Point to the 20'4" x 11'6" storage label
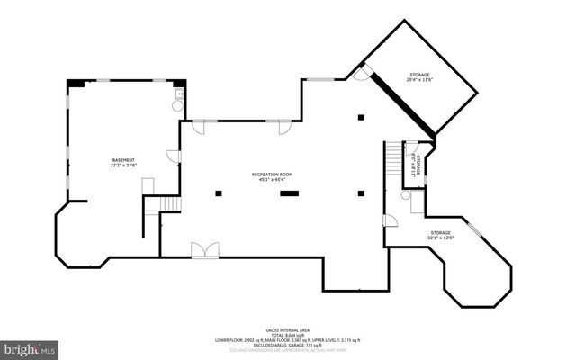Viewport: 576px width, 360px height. point(419,77)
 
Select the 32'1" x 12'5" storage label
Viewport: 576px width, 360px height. point(440,236)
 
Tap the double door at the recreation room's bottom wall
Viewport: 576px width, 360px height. point(203,250)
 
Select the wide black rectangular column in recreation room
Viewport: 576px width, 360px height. point(290,193)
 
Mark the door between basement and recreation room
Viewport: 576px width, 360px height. point(174,157)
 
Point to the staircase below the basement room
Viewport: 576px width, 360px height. point(152,214)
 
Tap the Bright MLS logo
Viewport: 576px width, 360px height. point(30,347)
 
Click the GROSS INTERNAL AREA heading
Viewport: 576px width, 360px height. point(288,330)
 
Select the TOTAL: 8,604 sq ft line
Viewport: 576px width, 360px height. point(288,336)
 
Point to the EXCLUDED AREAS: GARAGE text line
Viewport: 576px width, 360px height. point(288,346)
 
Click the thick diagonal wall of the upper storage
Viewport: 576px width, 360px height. point(397,105)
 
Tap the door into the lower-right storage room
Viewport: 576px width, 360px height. point(390,221)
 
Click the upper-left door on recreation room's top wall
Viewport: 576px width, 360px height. point(198,123)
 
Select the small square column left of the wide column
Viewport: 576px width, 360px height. point(217,193)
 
